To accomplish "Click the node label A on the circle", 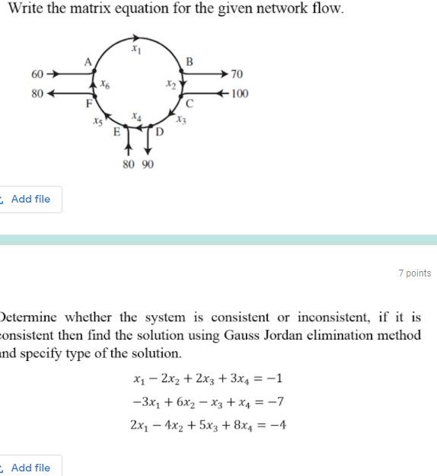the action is [88, 61].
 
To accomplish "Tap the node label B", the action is [190, 61].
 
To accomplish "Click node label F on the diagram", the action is [88, 102].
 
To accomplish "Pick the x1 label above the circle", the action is [136, 50].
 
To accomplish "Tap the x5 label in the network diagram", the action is [97, 120].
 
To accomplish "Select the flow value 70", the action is [237, 75].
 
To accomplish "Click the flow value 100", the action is [240, 94].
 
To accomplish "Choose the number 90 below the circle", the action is [147, 165].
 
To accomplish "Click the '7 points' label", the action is [414, 273].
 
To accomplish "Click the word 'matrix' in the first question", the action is [100, 10].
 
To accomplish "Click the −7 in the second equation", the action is [278, 402].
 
